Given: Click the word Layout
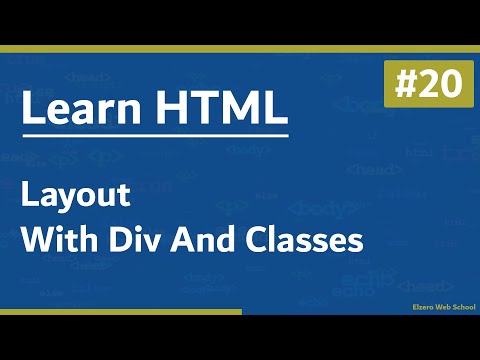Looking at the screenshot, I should tap(76, 197).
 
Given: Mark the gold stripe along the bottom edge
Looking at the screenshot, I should tap(120, 312).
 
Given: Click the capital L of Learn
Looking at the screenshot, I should tap(32, 109).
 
